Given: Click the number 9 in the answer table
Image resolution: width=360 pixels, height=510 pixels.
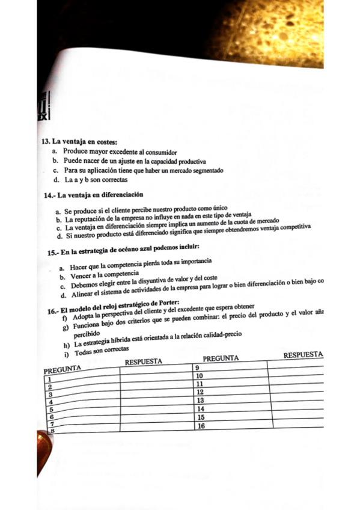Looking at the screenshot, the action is tap(197, 367).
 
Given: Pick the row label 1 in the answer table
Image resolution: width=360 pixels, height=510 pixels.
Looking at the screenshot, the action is tap(46, 380).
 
